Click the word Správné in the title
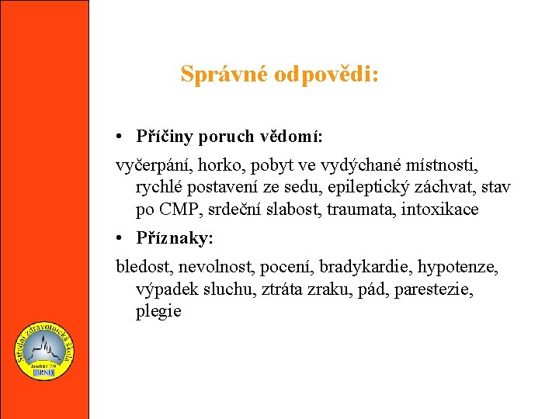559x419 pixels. click(x=223, y=74)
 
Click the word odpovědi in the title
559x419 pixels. click(x=326, y=74)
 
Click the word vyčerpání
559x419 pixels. click(x=154, y=166)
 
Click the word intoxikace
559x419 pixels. click(x=440, y=209)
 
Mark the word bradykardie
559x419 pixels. click(x=372, y=268)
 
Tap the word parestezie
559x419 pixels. click(x=439, y=289)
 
